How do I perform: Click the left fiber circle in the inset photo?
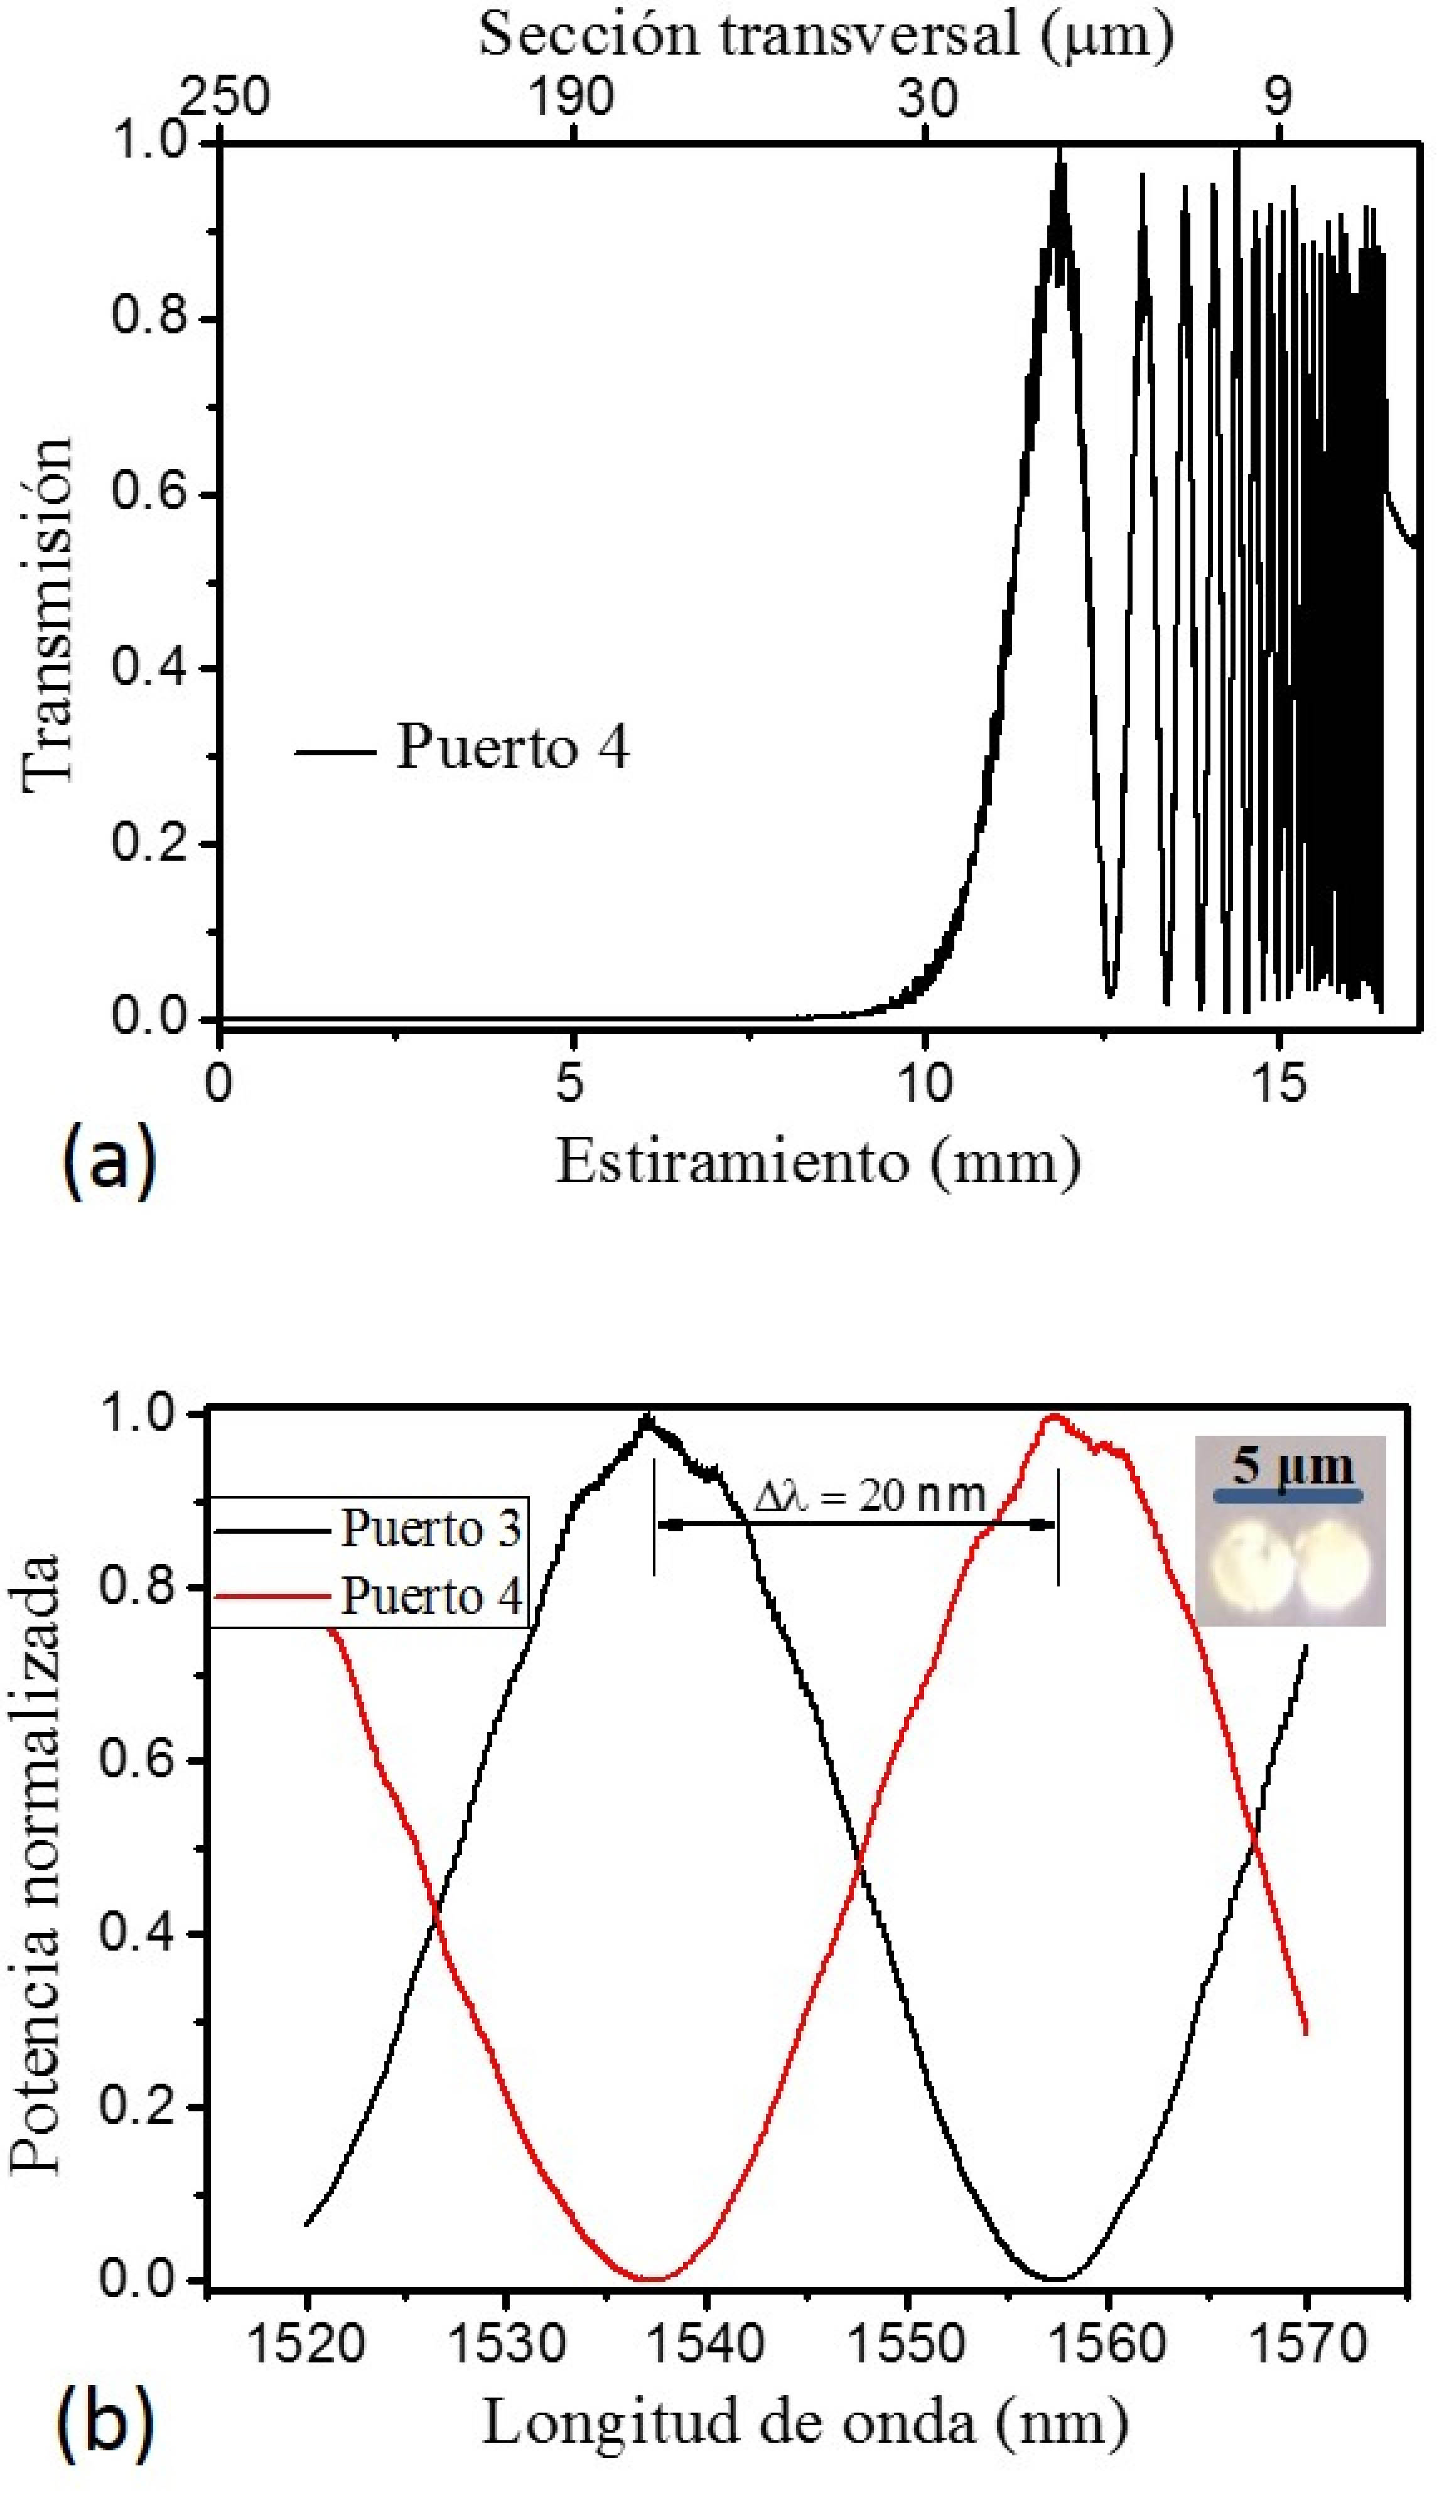1248,1564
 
